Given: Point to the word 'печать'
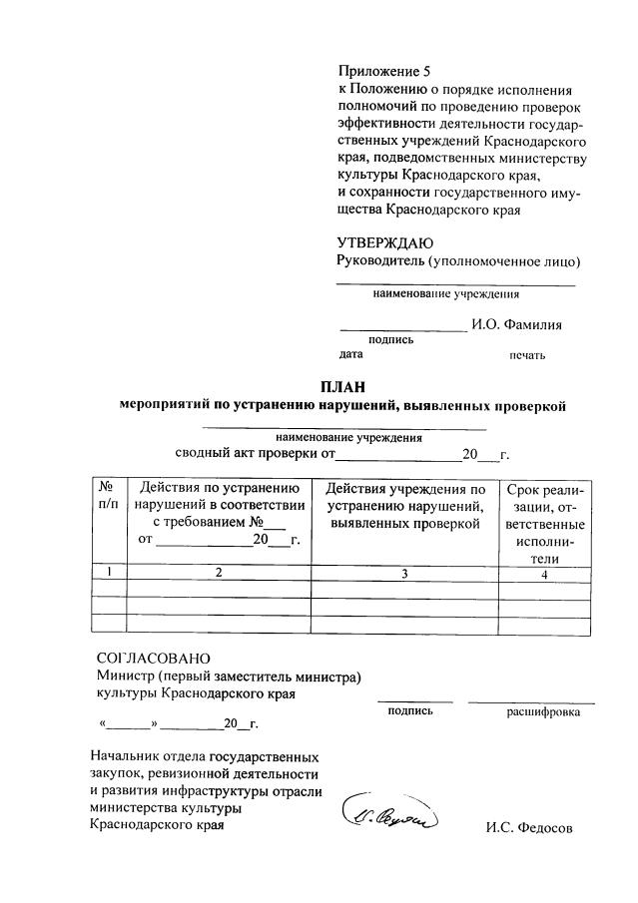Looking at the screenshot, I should pyautogui.click(x=527, y=354).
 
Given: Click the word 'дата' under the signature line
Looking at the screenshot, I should pyautogui.click(x=350, y=353).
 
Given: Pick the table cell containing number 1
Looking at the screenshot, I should pyautogui.click(x=108, y=573).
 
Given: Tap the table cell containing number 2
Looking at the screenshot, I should pyautogui.click(x=218, y=573).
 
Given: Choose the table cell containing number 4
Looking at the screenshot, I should pyautogui.click(x=544, y=574).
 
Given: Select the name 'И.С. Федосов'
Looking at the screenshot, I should pyautogui.click(x=529, y=828).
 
